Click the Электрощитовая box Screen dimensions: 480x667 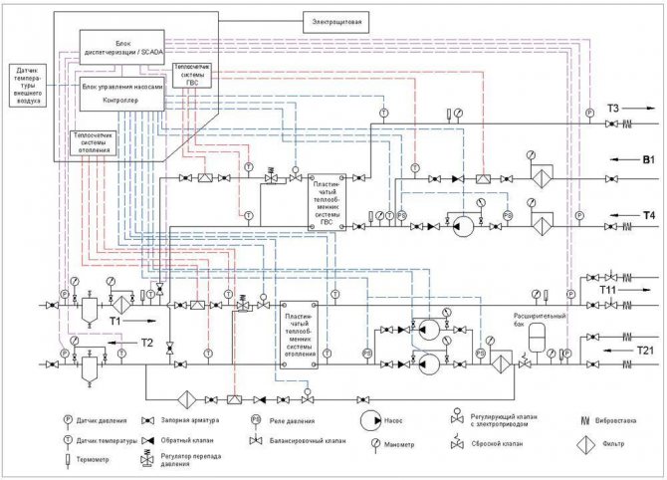coord(339,19)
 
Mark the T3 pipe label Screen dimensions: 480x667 coord(613,107)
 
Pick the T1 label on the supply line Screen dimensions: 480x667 coord(115,322)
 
